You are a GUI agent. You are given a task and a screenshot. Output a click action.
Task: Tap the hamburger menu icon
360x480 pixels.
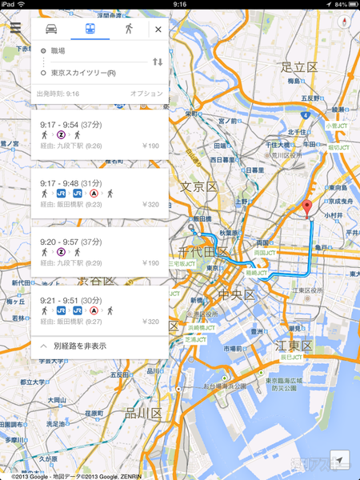pyautogui.click(x=15, y=28)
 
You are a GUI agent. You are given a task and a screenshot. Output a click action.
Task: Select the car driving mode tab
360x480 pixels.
pyautogui.click(x=50, y=29)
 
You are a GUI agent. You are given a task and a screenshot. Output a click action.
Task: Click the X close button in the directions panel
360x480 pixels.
pyautogui.click(x=158, y=30)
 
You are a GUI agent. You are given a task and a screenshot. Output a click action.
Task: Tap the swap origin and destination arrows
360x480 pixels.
pyautogui.click(x=158, y=62)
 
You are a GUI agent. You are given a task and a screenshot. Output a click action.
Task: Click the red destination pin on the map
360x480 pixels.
pyautogui.click(x=306, y=210)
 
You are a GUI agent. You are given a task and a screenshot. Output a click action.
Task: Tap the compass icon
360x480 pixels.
pyautogui.click(x=346, y=22)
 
